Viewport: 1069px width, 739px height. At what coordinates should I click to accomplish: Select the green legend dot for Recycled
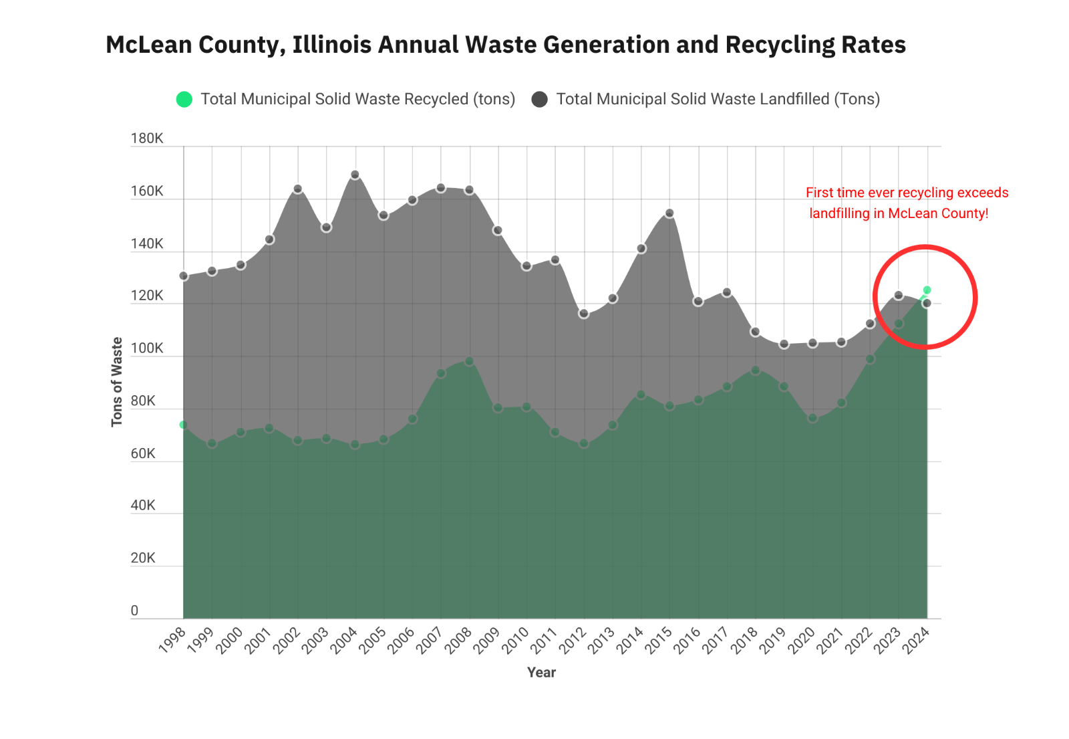point(184,100)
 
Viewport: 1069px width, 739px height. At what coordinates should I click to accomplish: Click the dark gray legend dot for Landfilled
point(540,100)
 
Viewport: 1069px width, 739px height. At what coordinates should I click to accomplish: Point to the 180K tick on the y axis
point(147,138)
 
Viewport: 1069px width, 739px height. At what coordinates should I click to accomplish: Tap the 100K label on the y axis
point(147,348)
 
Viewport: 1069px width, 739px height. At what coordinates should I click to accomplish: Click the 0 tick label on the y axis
point(135,611)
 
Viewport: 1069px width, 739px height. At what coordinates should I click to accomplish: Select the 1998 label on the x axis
point(172,640)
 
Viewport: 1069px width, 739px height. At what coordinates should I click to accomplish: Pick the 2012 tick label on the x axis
point(573,640)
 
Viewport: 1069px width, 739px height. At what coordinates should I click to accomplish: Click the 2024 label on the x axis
point(916,640)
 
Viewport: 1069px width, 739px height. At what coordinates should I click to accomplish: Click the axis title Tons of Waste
point(117,382)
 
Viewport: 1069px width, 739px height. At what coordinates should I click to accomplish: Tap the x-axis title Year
point(541,673)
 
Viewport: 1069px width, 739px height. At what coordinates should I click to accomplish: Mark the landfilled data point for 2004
point(355,175)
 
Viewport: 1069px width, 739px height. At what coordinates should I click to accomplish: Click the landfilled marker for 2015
point(669,213)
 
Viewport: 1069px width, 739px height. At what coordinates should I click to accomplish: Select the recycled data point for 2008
point(469,361)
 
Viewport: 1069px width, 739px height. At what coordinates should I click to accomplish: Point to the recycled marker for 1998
point(183,425)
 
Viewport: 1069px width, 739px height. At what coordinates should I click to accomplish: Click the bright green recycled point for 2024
point(927,290)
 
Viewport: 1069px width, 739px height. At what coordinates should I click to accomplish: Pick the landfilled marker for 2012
point(584,314)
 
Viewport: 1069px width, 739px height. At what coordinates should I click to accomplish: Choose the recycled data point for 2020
point(812,418)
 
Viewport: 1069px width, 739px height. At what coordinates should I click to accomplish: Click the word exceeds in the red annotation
point(983,193)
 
